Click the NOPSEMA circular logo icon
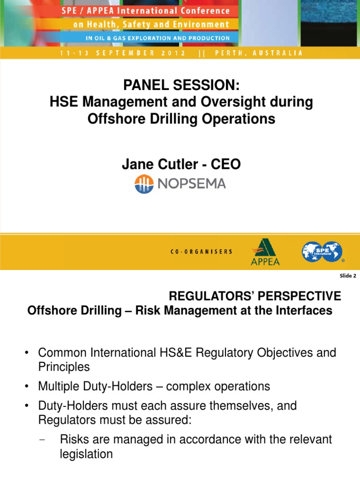tap(144, 184)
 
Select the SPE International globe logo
tap(322, 251)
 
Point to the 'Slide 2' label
tap(348, 276)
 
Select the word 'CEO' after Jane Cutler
tap(226, 164)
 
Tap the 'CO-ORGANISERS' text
tap(201, 252)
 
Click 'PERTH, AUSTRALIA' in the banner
tap(259, 53)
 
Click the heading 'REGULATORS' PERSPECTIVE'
tap(255, 296)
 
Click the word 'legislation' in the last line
tap(86, 454)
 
